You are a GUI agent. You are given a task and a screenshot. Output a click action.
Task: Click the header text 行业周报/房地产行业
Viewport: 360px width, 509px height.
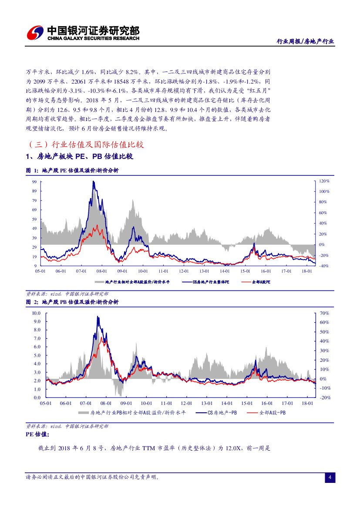pos(306,41)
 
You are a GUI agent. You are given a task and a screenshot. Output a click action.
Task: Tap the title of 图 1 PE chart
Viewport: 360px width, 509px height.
pos(72,171)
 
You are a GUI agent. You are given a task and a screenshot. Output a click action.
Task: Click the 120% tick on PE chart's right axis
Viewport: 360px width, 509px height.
pos(324,181)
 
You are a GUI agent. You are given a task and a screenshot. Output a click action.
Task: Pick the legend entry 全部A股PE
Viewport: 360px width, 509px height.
pos(261,282)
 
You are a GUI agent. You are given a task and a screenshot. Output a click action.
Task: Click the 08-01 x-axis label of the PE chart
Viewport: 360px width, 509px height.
pos(102,271)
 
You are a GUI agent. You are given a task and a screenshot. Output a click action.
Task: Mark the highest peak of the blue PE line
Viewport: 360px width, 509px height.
pos(93,182)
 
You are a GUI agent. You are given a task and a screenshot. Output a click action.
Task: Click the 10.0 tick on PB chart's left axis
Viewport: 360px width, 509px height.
pos(36,313)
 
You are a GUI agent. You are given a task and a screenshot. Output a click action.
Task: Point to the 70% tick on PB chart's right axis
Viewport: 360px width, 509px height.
pos(324,313)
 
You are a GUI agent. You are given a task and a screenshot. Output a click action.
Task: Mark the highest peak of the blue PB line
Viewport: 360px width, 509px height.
pos(98,317)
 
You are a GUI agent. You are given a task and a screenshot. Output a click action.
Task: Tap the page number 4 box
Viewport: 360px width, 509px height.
pos(330,478)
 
